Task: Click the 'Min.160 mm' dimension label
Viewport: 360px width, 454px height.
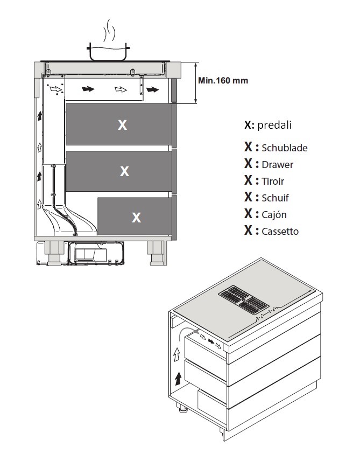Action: [223, 80]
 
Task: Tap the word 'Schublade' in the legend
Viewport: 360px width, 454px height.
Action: [284, 148]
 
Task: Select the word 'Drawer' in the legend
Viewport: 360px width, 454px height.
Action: [277, 164]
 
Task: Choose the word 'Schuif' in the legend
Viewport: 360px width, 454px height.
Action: [275, 198]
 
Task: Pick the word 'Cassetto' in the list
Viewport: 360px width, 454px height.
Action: [280, 232]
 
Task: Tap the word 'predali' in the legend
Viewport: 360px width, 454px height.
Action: [274, 125]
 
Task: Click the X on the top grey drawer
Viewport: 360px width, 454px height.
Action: [123, 125]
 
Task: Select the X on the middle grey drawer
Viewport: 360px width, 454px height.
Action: [124, 171]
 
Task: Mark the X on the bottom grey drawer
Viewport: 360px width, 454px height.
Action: [137, 218]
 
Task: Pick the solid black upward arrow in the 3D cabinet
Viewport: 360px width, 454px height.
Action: [177, 377]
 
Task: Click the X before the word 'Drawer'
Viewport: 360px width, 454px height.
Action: [248, 164]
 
